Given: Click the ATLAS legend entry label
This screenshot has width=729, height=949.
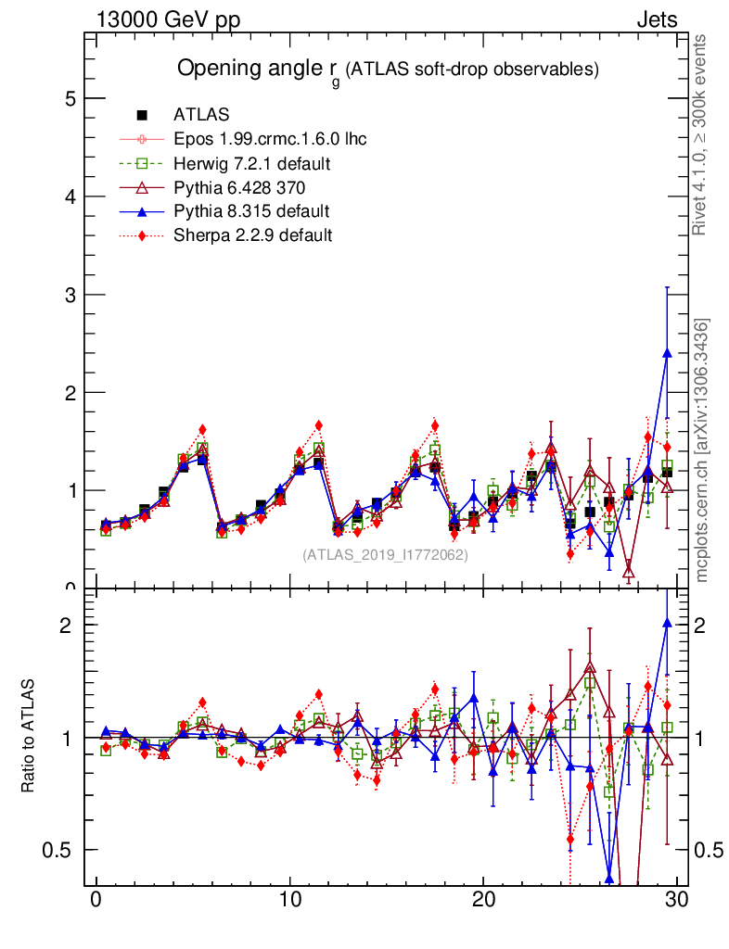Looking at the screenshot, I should point(200,115).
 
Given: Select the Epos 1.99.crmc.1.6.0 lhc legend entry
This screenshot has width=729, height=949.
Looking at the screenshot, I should point(269,139).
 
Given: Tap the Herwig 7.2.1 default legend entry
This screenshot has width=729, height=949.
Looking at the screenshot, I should point(252,163).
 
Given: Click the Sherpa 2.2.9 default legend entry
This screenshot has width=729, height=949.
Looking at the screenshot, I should point(252,235).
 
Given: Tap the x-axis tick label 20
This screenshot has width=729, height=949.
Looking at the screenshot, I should point(483,902).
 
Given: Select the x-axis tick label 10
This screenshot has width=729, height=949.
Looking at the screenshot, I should point(289,902).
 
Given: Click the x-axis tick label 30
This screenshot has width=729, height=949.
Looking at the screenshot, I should point(676,902).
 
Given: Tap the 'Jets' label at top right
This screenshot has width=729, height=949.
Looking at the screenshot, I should point(656,19).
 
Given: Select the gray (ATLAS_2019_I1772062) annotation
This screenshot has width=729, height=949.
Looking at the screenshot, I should point(385,555).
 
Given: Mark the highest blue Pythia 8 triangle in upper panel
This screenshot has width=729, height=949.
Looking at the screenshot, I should point(667,352).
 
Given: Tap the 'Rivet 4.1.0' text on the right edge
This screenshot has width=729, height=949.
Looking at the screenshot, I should point(702,134).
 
